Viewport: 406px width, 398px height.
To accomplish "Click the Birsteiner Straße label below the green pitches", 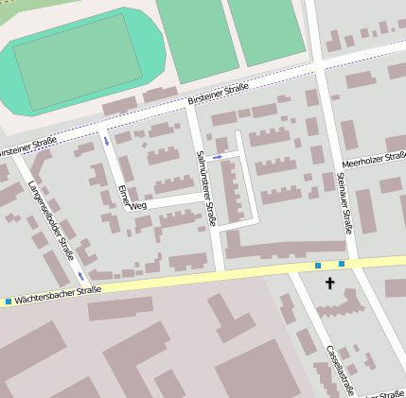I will (x=218, y=93).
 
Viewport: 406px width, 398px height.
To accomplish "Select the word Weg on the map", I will (x=138, y=205).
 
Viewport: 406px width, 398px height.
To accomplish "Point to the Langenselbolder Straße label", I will (x=51, y=220).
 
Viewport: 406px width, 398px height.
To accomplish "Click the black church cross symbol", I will (x=330, y=283).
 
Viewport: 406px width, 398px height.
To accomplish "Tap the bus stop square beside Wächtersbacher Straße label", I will (x=9, y=302).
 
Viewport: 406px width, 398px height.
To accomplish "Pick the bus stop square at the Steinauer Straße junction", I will (x=342, y=264).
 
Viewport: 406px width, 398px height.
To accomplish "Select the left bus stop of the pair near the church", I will (x=318, y=266).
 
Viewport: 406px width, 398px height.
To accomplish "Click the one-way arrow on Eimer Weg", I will (x=106, y=142).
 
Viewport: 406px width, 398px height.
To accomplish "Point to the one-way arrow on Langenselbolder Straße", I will (x=80, y=276).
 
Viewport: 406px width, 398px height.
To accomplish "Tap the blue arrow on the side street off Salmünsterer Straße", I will (x=218, y=156).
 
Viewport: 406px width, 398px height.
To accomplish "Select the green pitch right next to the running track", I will (x=196, y=36).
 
